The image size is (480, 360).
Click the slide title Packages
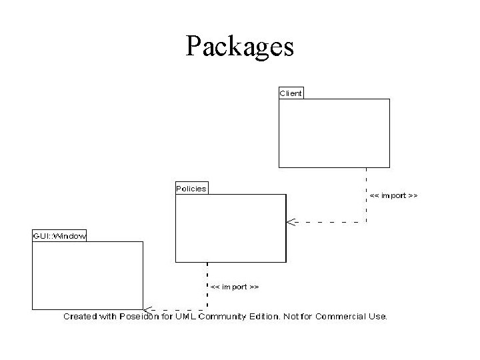(240, 47)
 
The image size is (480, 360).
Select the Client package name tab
(291, 93)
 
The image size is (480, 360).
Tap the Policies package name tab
(191, 189)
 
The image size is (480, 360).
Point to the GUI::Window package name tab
(59, 236)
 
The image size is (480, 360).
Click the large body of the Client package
(333, 133)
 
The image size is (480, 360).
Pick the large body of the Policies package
(231, 227)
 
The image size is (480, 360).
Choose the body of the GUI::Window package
(87, 275)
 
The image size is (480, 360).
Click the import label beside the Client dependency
(393, 195)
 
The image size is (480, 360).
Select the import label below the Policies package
(235, 287)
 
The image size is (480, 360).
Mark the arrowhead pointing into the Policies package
(290, 222)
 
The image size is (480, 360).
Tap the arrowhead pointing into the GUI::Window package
(147, 309)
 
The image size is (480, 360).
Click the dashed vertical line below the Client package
(366, 193)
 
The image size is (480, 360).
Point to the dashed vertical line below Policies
(207, 283)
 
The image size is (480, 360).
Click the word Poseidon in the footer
(141, 316)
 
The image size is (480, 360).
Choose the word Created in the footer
(80, 316)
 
